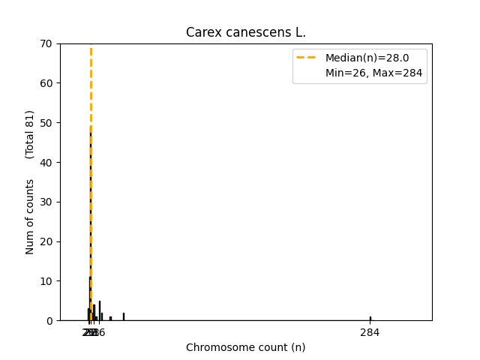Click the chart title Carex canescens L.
point(246,32)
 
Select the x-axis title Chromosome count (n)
point(246,347)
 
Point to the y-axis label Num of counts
point(30,216)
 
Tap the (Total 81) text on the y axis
point(30,134)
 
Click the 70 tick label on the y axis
point(46,43)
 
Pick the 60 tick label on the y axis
point(46,83)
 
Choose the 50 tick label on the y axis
point(46,123)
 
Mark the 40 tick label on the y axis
point(46,163)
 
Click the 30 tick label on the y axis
point(46,202)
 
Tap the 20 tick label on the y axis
point(46,241)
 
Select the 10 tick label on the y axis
point(46,281)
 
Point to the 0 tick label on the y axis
point(49,321)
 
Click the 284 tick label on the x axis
point(370,332)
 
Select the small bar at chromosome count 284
point(370,318)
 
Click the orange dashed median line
point(91,187)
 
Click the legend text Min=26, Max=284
point(373,73)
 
